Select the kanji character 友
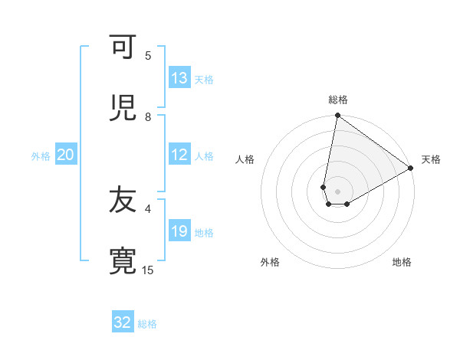[x=123, y=201]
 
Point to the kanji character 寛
[x=123, y=262]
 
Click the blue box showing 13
[x=179, y=78]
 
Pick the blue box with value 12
[x=179, y=155]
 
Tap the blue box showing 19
[x=179, y=232]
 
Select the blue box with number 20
[x=66, y=155]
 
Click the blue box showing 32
[x=123, y=322]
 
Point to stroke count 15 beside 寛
[x=148, y=270]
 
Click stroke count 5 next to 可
[x=148, y=55]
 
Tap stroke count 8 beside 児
[x=148, y=116]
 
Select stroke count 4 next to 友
[x=148, y=208]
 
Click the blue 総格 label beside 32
[x=147, y=324]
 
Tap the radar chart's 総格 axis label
[x=338, y=100]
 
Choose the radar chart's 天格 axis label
[x=431, y=159]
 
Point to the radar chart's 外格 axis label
[x=270, y=263]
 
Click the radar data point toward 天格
[x=411, y=169]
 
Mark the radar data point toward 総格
[x=337, y=116]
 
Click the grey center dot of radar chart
[x=337, y=191]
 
